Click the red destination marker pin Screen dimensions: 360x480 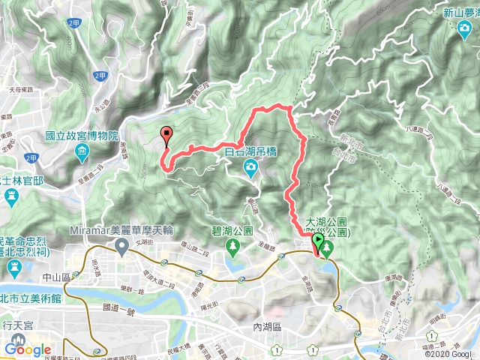tap(166, 135)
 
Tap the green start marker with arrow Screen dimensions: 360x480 tap(319, 241)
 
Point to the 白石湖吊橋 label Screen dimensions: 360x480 tap(250, 151)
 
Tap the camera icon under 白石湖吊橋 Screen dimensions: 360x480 tap(250, 166)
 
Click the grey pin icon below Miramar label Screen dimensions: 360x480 tap(118, 246)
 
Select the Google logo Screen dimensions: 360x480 tap(27, 349)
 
